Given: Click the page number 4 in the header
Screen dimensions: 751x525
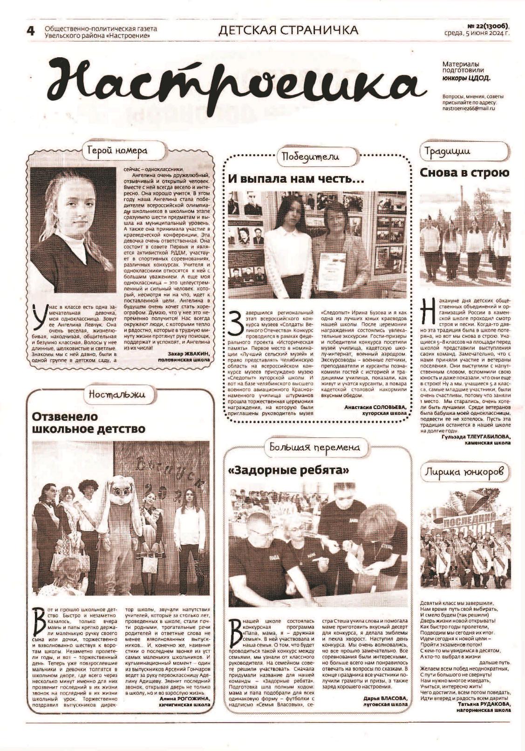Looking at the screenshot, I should click(x=31, y=31).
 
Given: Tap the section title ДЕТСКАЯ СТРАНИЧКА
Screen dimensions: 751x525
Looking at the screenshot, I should click(x=288, y=30).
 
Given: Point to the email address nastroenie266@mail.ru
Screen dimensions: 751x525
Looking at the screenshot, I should click(x=469, y=108).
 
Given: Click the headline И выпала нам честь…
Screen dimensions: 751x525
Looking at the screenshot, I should click(x=296, y=179).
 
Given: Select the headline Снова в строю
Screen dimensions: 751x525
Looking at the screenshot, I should click(x=464, y=172).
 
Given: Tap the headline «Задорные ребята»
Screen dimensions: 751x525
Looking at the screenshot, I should click(x=288, y=471).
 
